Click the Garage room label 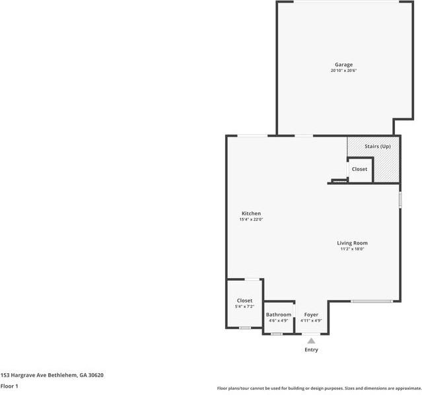pyautogui.click(x=343, y=65)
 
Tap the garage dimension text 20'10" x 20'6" pyautogui.click(x=343, y=71)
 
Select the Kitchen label pyautogui.click(x=251, y=213)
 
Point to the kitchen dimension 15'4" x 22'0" pyautogui.click(x=251, y=219)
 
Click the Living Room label pyautogui.click(x=352, y=243)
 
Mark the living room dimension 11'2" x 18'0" pyautogui.click(x=352, y=249)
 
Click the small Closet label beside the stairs pyautogui.click(x=359, y=169)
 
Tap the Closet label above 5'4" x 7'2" pyautogui.click(x=244, y=301)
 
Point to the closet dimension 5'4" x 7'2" pyautogui.click(x=244, y=306)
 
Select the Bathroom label pyautogui.click(x=278, y=314)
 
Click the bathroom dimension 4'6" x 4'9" pyautogui.click(x=278, y=320)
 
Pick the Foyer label pyautogui.click(x=311, y=314)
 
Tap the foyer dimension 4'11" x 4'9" pyautogui.click(x=311, y=320)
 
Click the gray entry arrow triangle pyautogui.click(x=311, y=341)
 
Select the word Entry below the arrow pyautogui.click(x=311, y=350)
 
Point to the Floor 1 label pyautogui.click(x=9, y=386)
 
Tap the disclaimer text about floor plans pyautogui.click(x=319, y=388)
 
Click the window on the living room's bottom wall pyautogui.click(x=371, y=302)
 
